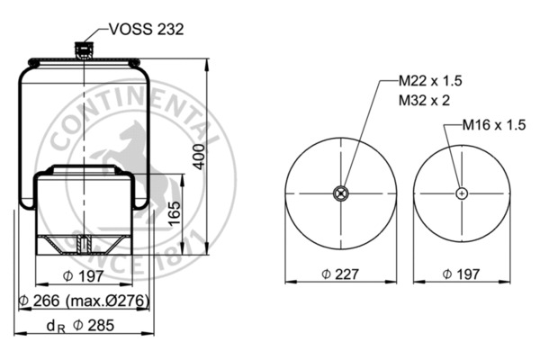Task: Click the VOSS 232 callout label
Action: tap(146, 29)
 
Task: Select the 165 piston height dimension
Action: tap(176, 215)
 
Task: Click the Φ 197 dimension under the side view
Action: tap(83, 274)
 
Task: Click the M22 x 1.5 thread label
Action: tap(430, 82)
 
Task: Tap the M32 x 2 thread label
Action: tap(424, 100)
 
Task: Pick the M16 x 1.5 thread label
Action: tap(493, 125)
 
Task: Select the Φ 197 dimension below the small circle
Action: tap(461, 274)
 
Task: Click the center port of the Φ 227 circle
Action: tap(340, 193)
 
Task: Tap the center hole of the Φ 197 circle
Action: tap(461, 193)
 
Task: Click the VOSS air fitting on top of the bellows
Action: tap(85, 50)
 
